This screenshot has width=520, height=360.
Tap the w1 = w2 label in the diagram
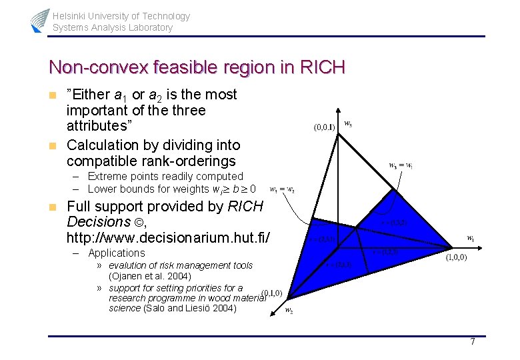coord(282,189)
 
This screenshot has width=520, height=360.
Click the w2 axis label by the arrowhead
coord(289,310)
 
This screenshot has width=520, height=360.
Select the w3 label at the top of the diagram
coord(348,123)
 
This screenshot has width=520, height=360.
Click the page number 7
coord(472,342)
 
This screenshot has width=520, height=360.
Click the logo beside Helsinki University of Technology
coord(40,21)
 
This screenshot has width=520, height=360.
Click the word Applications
coord(116,253)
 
